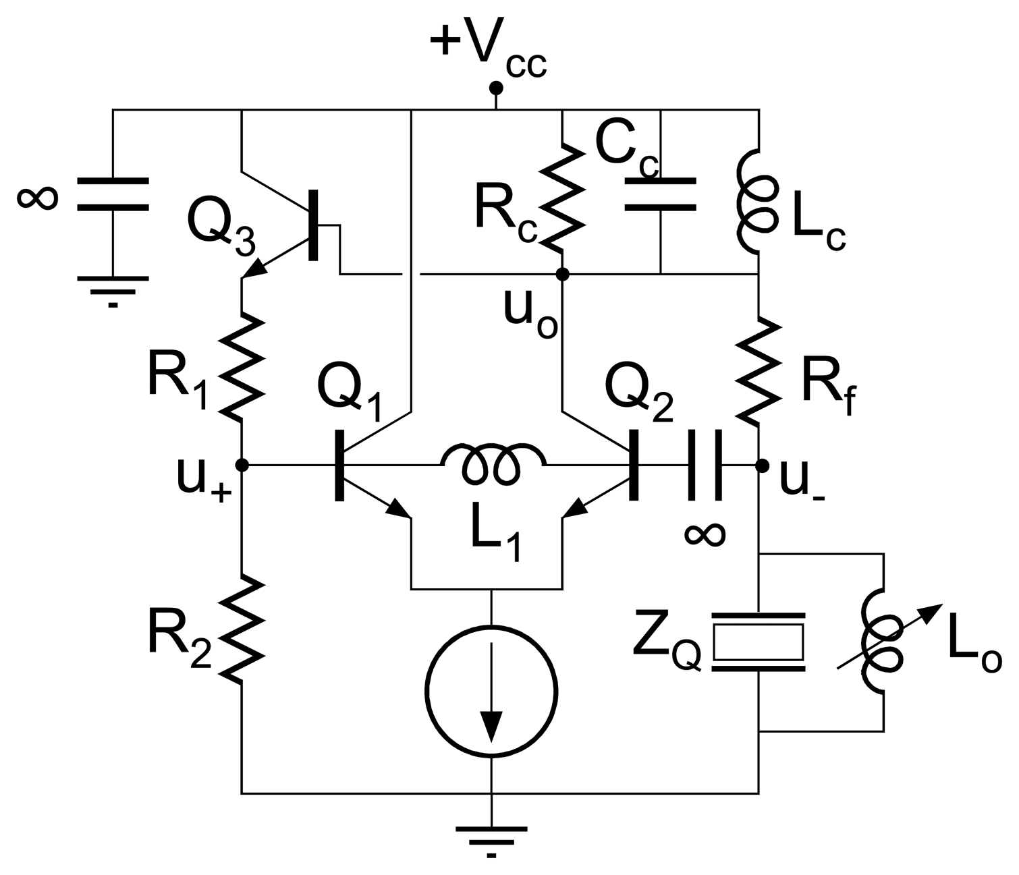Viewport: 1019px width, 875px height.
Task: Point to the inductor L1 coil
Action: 493,463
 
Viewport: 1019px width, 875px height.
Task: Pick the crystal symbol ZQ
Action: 759,642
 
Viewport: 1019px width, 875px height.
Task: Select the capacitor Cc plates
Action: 660,194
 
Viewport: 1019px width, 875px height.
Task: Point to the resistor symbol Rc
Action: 562,196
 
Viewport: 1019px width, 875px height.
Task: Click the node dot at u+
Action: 242,465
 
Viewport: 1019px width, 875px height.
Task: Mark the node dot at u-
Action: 762,465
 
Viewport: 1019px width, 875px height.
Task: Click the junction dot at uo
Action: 562,274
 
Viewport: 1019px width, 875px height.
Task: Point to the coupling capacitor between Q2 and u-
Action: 705,465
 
